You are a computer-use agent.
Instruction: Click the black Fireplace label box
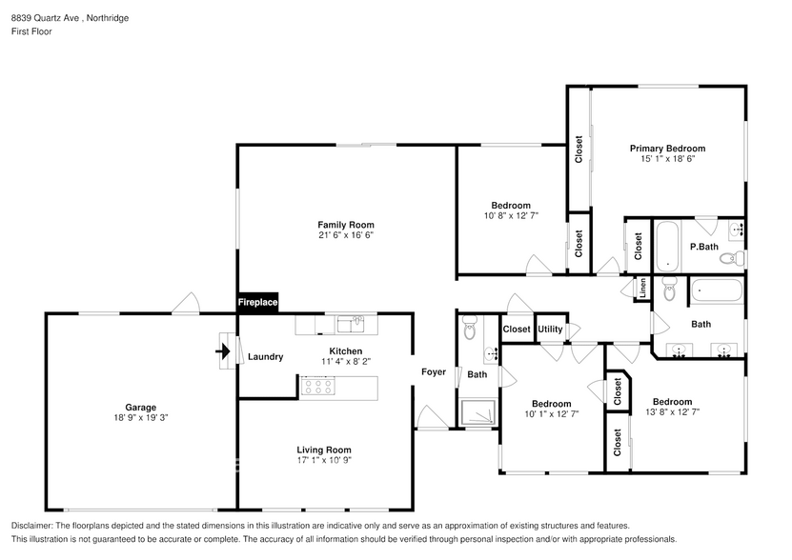coord(257,302)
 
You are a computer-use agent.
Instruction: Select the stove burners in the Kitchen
coord(315,386)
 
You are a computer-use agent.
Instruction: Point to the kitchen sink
coord(350,325)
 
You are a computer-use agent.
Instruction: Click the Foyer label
coord(434,371)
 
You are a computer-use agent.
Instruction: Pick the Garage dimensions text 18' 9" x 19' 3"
coord(141,418)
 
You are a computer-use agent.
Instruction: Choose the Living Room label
coord(325,450)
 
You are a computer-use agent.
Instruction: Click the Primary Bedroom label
coord(667,149)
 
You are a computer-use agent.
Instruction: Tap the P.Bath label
coord(703,247)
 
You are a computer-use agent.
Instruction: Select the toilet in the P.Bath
coord(730,257)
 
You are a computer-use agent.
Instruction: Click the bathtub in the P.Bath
coord(667,244)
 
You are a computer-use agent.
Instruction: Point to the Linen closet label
coord(642,288)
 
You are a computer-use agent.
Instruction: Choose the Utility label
coord(550,330)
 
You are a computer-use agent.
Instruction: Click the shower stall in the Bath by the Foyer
coord(477,412)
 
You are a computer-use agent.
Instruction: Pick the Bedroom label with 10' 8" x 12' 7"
coord(511,206)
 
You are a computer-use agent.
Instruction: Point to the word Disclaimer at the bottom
coord(32,526)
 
